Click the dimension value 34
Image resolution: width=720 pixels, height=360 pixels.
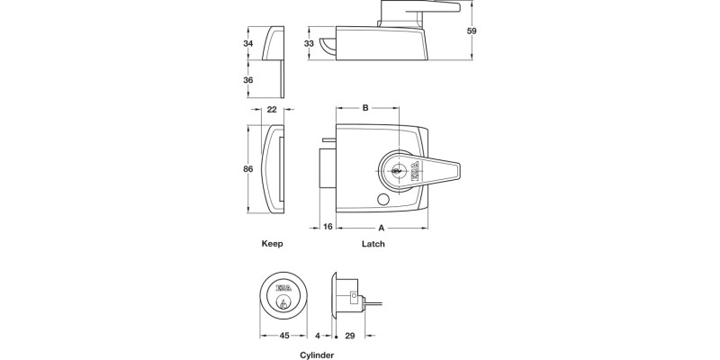pyautogui.click(x=247, y=42)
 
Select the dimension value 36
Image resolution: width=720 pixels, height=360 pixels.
pyautogui.click(x=247, y=80)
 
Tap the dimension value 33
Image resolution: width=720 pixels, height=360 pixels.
pyautogui.click(x=309, y=43)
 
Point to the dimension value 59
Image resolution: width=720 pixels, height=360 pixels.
pyautogui.click(x=472, y=31)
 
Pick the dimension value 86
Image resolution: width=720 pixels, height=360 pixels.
pyautogui.click(x=247, y=168)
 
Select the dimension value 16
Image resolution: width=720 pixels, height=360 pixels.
pyautogui.click(x=328, y=227)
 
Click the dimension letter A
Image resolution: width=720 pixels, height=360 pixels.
pyautogui.click(x=382, y=227)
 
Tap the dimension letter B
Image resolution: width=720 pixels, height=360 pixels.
pyautogui.click(x=365, y=109)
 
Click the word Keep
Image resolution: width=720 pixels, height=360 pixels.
pyautogui.click(x=272, y=244)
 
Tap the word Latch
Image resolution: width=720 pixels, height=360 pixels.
pyautogui.click(x=373, y=244)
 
